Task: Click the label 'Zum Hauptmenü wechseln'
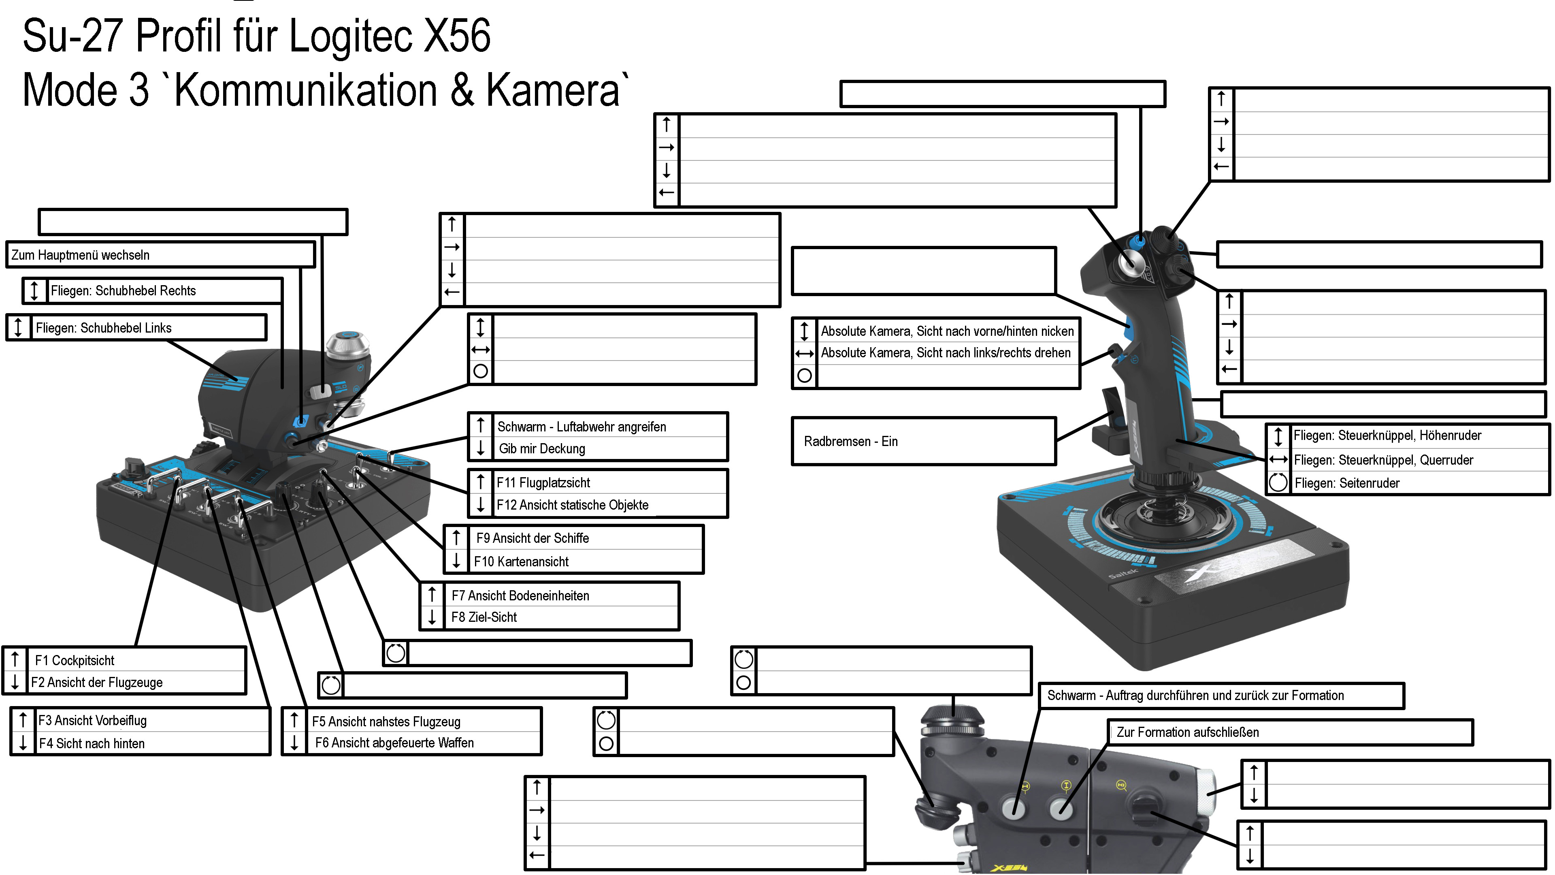click(80, 255)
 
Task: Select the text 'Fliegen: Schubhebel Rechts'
click(123, 290)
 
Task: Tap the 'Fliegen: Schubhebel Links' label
click(103, 328)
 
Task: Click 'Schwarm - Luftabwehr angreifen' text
click(582, 427)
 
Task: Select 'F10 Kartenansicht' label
click(521, 561)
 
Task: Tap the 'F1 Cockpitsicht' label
click(74, 660)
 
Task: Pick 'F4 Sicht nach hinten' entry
click(92, 743)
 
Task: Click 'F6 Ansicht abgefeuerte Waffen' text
click(394, 743)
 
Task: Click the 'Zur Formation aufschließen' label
click(1187, 732)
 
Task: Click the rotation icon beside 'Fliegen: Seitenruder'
click(1278, 482)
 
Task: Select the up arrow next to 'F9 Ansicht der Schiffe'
click(456, 538)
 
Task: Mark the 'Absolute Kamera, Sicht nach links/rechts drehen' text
click(945, 353)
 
